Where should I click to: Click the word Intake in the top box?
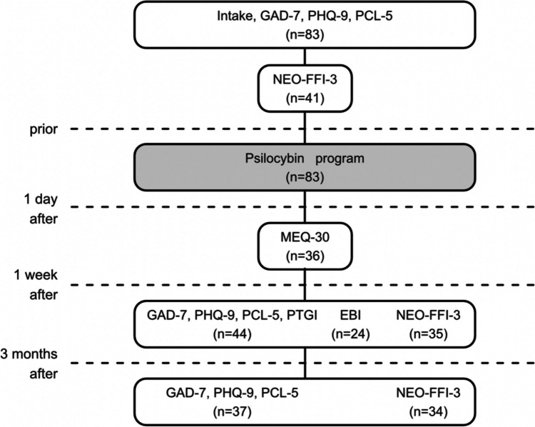coord(234,16)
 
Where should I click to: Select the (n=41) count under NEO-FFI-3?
coord(305,99)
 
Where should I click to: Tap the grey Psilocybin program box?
coord(305,167)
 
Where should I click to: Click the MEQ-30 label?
coord(305,237)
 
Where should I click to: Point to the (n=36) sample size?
coord(305,256)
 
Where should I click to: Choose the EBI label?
coord(350,316)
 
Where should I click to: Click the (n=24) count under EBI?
coord(350,334)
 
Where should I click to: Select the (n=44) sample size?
coord(232,334)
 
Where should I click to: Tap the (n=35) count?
coord(428,334)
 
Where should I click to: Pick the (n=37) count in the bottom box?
coord(232,412)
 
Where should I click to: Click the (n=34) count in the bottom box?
coord(428,412)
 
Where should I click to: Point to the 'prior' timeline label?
coord(44,130)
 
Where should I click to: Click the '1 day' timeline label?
coord(41,199)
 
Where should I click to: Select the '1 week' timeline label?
coord(36,275)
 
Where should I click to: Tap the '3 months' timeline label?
coord(29,354)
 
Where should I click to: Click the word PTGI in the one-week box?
coord(302,316)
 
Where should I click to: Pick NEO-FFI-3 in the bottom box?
coord(428,393)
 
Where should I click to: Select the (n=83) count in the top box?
coord(305,35)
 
